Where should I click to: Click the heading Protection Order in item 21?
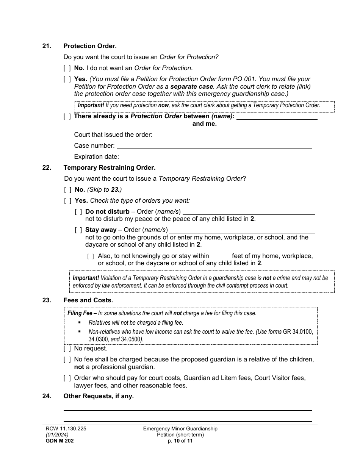coord(90,46)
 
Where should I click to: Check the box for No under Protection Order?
coord(67,68)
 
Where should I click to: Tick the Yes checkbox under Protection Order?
coord(67,79)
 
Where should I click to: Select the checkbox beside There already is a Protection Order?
coord(67,116)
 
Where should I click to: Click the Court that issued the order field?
coord(233,135)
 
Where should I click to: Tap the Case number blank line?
coord(214,146)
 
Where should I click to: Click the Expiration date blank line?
coord(216,157)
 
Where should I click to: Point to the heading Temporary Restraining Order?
coord(109,167)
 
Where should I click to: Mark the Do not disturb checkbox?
coord(78,212)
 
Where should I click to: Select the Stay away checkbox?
coord(78,230)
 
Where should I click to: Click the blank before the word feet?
coord(220,256)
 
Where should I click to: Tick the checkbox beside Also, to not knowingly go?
coord(91,256)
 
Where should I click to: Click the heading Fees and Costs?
coord(88,300)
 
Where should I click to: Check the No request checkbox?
coord(67,349)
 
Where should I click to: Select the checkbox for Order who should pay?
coord(67,378)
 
